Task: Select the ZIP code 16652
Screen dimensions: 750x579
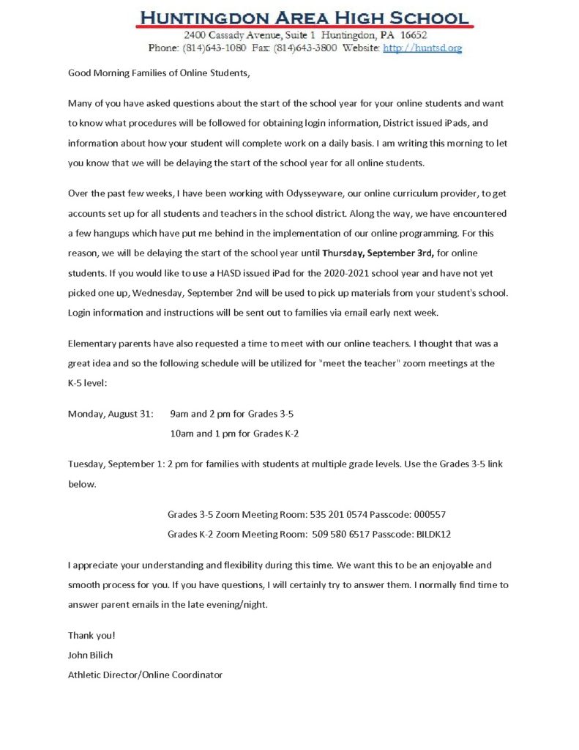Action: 413,35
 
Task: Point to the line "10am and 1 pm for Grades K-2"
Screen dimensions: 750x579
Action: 234,433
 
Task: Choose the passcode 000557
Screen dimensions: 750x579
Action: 430,515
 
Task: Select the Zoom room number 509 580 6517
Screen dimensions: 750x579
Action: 339,534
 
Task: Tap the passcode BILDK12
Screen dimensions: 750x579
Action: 433,534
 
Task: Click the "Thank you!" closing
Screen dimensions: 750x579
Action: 91,635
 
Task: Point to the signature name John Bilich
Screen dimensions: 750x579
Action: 91,655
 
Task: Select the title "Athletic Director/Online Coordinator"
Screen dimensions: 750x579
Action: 145,674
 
